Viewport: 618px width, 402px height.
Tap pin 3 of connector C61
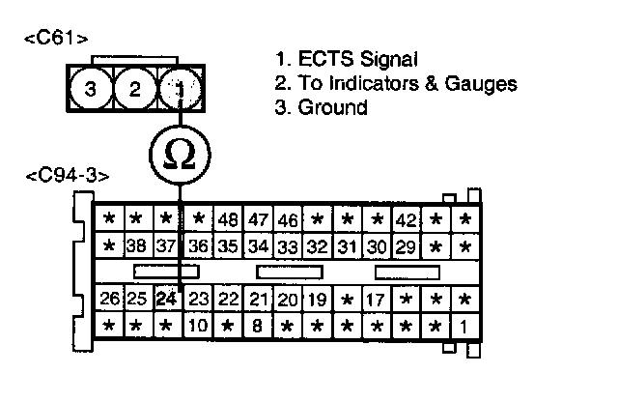[91, 90]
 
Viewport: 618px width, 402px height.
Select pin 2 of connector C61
[135, 90]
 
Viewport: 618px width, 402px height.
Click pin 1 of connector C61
[180, 90]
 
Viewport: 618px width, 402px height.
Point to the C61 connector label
[56, 40]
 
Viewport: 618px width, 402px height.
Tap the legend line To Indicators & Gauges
[395, 84]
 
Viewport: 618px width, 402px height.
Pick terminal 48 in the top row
[228, 218]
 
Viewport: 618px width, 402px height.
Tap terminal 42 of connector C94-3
[407, 218]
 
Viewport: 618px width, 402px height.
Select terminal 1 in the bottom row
[465, 326]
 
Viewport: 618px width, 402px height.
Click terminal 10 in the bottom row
[198, 326]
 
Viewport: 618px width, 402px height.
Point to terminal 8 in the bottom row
[258, 326]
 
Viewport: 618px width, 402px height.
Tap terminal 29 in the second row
[407, 246]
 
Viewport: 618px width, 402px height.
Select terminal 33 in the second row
[288, 246]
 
